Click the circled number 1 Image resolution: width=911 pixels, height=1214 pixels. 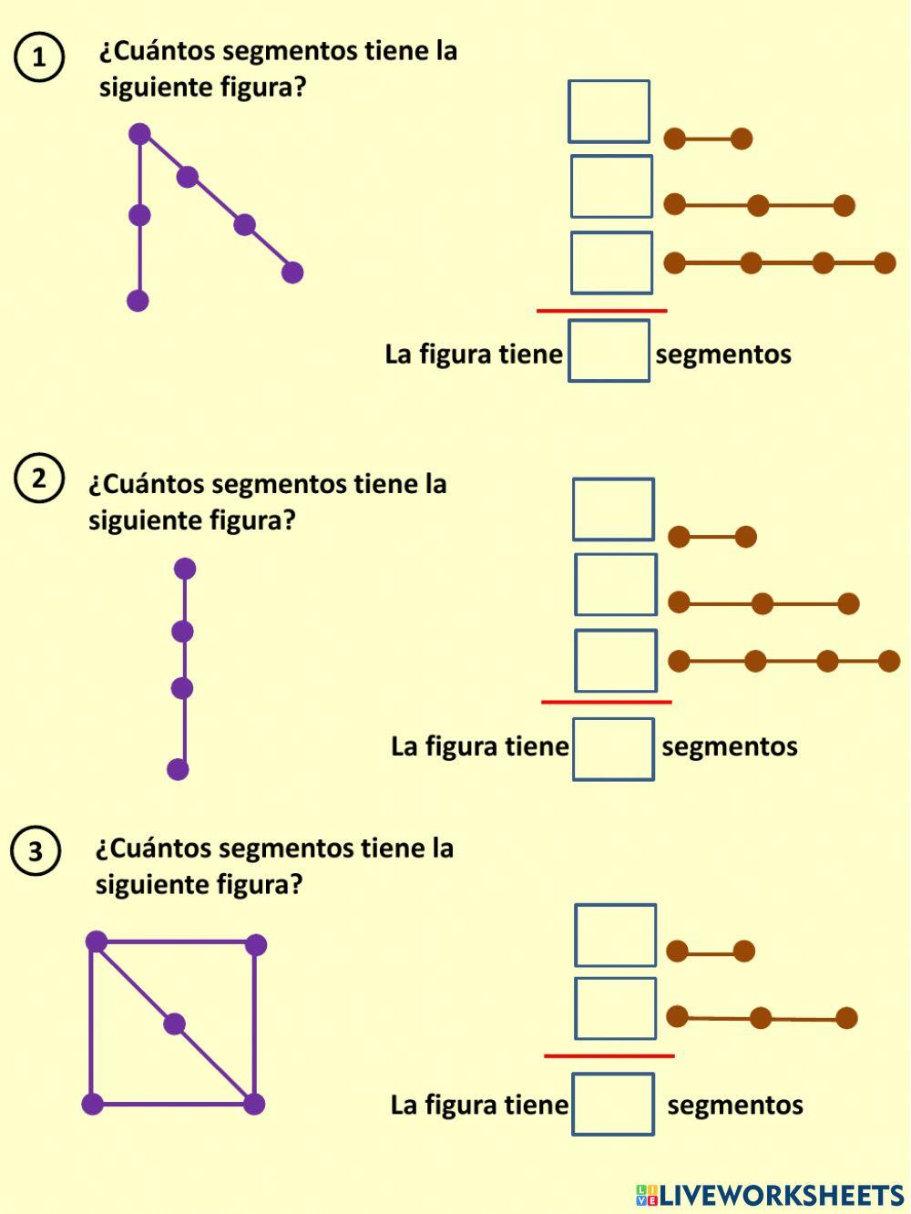[38, 57]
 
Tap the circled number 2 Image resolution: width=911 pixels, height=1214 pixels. [38, 478]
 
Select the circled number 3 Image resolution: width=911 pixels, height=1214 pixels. [35, 851]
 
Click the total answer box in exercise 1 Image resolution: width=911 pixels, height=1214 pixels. [609, 351]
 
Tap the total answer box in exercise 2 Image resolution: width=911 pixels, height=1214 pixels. [613, 749]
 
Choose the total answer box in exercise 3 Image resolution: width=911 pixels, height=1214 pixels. [613, 1104]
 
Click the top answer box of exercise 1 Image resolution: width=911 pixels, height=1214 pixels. [609, 111]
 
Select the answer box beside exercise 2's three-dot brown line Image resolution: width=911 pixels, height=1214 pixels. [615, 584]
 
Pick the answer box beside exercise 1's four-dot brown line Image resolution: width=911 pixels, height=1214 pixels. [611, 262]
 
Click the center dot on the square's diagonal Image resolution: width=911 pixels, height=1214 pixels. [174, 1024]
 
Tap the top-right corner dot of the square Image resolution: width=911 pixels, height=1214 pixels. [256, 944]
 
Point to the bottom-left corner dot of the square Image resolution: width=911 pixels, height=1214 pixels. [92, 1105]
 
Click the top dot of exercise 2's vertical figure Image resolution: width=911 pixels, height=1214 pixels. [185, 569]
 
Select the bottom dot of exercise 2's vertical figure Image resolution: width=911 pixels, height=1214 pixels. [178, 769]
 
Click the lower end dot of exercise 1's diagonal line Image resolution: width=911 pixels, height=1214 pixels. [292, 272]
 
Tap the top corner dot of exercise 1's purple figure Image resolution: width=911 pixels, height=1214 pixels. [139, 134]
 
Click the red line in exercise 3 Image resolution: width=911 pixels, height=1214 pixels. [609, 1055]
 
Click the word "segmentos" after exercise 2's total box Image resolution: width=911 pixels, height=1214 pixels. [729, 746]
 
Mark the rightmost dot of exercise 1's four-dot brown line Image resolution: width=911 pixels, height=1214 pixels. [885, 263]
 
